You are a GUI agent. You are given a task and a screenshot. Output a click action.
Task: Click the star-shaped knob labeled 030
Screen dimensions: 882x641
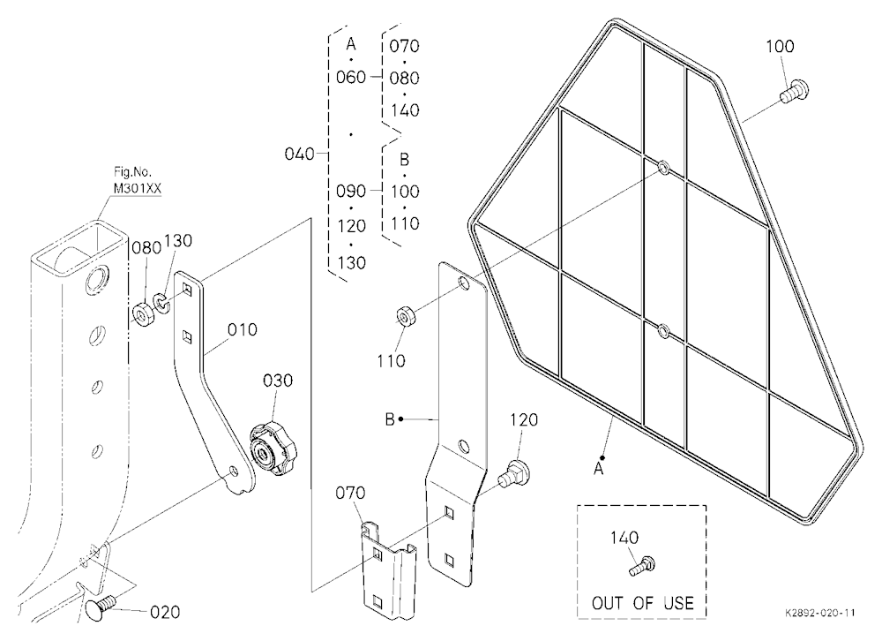273,448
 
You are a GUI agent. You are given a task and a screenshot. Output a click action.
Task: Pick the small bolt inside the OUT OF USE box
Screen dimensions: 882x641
642,566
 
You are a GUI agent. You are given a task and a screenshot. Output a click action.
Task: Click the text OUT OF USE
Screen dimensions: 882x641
642,603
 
